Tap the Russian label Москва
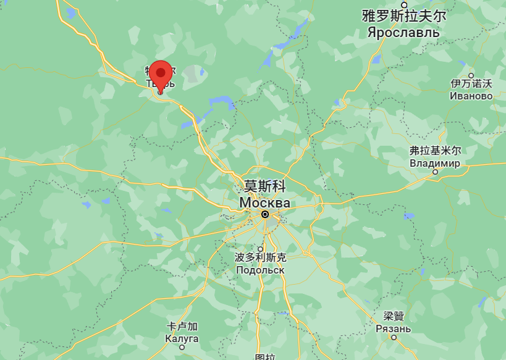pyautogui.click(x=264, y=202)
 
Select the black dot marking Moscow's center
pyautogui.click(x=265, y=214)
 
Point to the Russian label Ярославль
pyautogui.click(x=403, y=31)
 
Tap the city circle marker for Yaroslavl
pyautogui.click(x=405, y=4)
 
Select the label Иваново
pyautogui.click(x=471, y=96)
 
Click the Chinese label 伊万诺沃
pyautogui.click(x=471, y=83)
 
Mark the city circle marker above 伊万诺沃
pyautogui.click(x=471, y=74)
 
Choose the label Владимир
pyautogui.click(x=435, y=163)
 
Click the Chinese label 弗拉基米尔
pyautogui.click(x=436, y=150)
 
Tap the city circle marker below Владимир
pyautogui.click(x=435, y=172)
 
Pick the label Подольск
pyautogui.click(x=260, y=270)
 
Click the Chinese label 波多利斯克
pyautogui.click(x=261, y=257)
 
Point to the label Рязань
pyautogui.click(x=393, y=329)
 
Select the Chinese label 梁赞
pyautogui.click(x=394, y=316)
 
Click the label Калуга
pyautogui.click(x=182, y=338)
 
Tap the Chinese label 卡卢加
pyautogui.click(x=182, y=326)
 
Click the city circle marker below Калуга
pyautogui.click(x=182, y=348)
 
